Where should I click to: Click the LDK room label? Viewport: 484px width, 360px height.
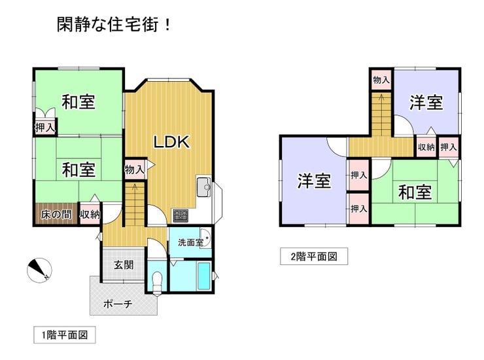tap(171, 141)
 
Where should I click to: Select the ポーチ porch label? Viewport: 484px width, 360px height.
tap(118, 304)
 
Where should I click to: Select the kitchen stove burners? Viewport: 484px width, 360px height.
tap(180, 215)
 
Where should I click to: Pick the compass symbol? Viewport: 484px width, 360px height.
tap(39, 269)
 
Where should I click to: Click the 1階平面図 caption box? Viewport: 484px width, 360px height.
tap(65, 334)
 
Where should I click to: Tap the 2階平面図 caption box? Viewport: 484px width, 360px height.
tap(309, 256)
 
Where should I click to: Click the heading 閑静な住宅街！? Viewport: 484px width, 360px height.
tap(114, 26)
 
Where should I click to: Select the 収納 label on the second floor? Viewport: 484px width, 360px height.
tap(426, 147)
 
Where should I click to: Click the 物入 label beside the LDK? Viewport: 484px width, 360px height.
tap(134, 170)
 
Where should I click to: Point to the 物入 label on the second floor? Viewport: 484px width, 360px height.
tap(381, 80)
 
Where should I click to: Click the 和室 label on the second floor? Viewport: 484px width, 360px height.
tap(415, 192)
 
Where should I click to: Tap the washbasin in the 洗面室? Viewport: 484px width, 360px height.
tap(203, 238)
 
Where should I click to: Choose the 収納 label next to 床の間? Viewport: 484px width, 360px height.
tap(90, 215)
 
